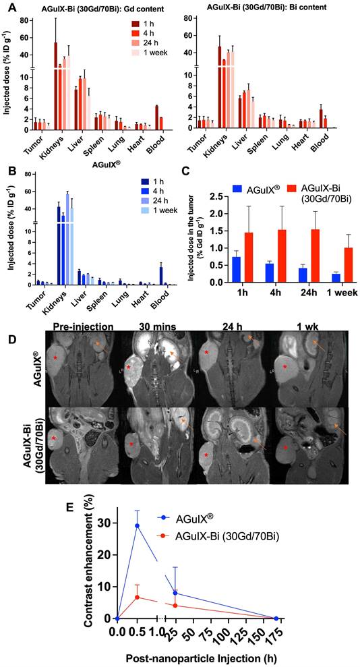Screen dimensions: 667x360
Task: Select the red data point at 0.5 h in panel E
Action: (x=138, y=598)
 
